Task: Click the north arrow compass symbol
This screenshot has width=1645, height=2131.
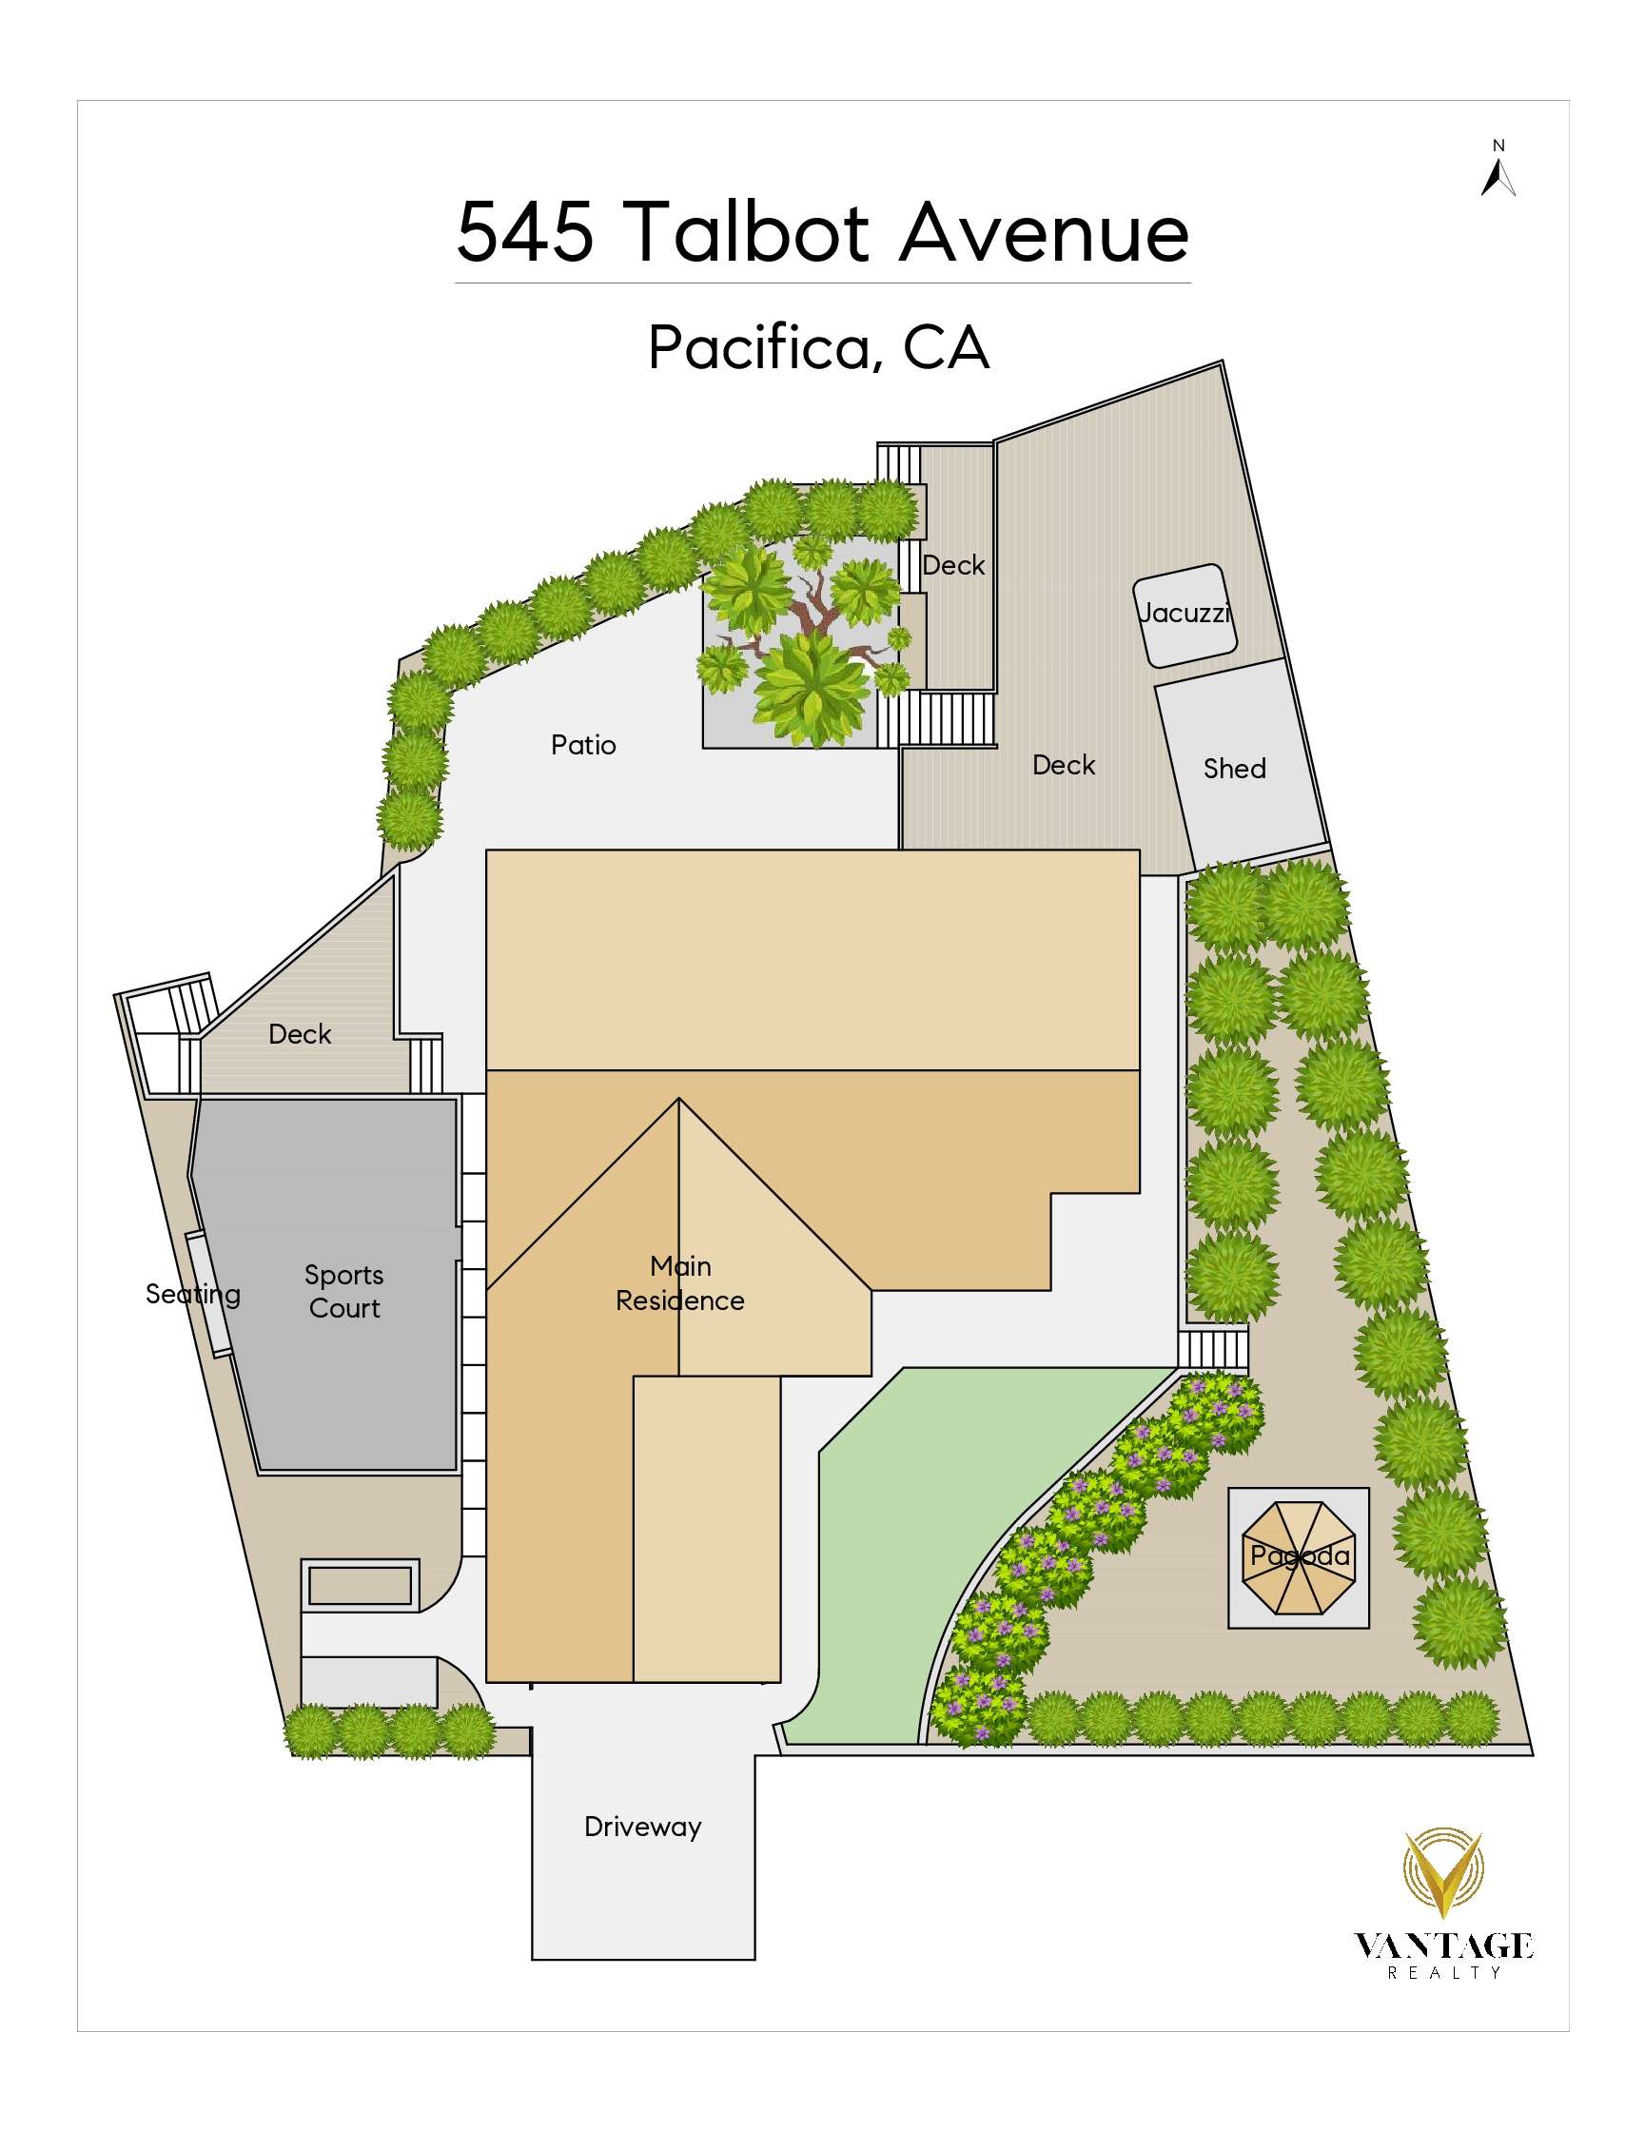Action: point(1498,177)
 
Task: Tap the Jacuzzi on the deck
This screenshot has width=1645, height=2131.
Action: point(1185,615)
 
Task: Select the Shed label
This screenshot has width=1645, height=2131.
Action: point(1234,769)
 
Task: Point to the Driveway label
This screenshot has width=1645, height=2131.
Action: point(643,1827)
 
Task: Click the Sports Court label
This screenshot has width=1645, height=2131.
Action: point(343,1291)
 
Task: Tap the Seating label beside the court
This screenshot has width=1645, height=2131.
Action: point(193,1295)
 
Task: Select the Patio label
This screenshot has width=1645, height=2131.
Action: point(583,746)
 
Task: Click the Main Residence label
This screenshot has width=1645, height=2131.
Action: point(680,1283)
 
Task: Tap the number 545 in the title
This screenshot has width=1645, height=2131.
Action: point(525,232)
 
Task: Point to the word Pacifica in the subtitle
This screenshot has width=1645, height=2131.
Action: point(760,347)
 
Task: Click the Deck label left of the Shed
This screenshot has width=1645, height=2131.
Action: point(1064,765)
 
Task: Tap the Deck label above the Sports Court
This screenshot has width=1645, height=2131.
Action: point(300,1034)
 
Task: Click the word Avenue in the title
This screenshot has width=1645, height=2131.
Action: point(1044,232)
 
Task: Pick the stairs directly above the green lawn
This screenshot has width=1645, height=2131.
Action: point(1213,1348)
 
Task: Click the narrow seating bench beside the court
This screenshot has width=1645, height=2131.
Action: point(209,1295)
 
